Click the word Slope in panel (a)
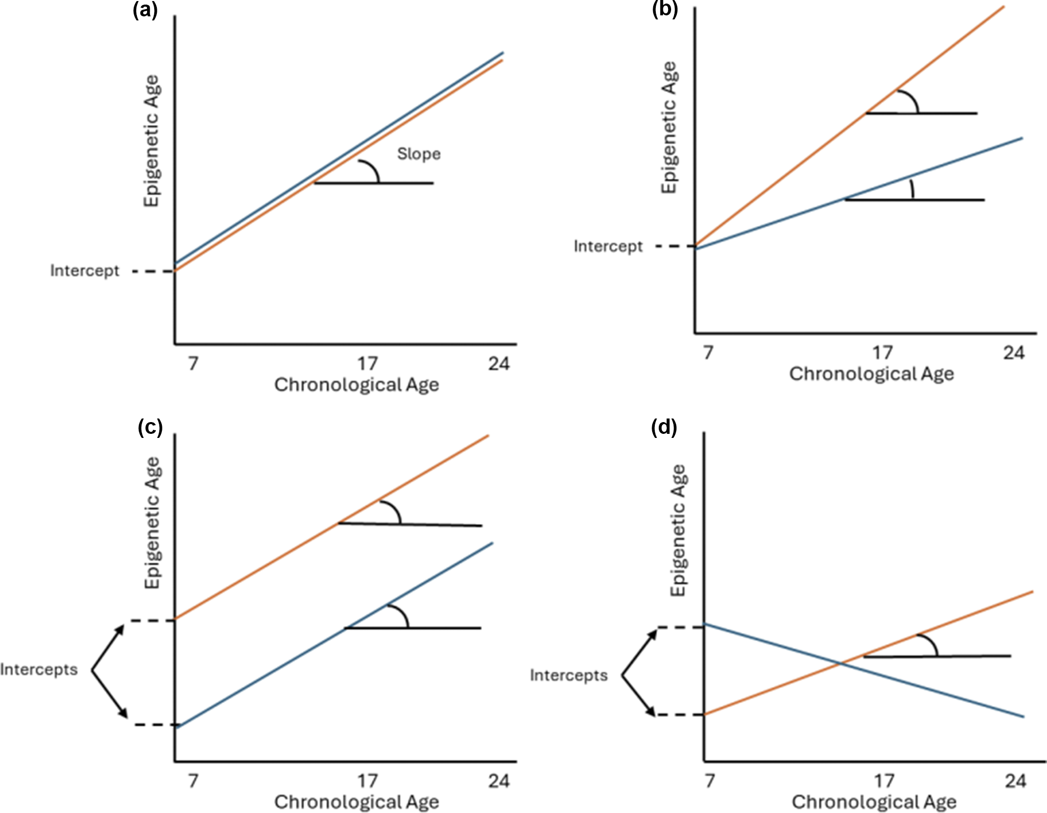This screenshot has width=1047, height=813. click(x=419, y=154)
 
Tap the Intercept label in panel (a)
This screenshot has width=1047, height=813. click(x=85, y=270)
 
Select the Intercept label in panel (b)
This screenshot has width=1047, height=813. click(x=608, y=246)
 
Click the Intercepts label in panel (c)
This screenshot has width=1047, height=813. click(x=39, y=669)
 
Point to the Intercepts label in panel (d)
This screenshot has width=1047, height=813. click(x=568, y=676)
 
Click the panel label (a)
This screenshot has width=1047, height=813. click(x=145, y=10)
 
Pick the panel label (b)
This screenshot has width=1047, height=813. click(x=665, y=10)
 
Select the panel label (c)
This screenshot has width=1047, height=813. click(x=150, y=427)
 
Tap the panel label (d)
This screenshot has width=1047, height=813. click(x=664, y=427)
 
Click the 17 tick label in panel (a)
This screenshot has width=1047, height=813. click(x=367, y=364)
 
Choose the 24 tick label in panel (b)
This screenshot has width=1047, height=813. click(x=1014, y=353)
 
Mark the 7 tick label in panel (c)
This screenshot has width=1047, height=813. click(x=193, y=781)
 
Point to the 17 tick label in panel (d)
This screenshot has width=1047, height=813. click(x=884, y=781)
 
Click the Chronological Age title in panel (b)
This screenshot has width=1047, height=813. click(x=871, y=374)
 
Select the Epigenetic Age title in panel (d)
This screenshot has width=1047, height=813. click(x=678, y=530)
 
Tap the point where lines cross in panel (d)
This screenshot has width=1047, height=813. click(x=840, y=664)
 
